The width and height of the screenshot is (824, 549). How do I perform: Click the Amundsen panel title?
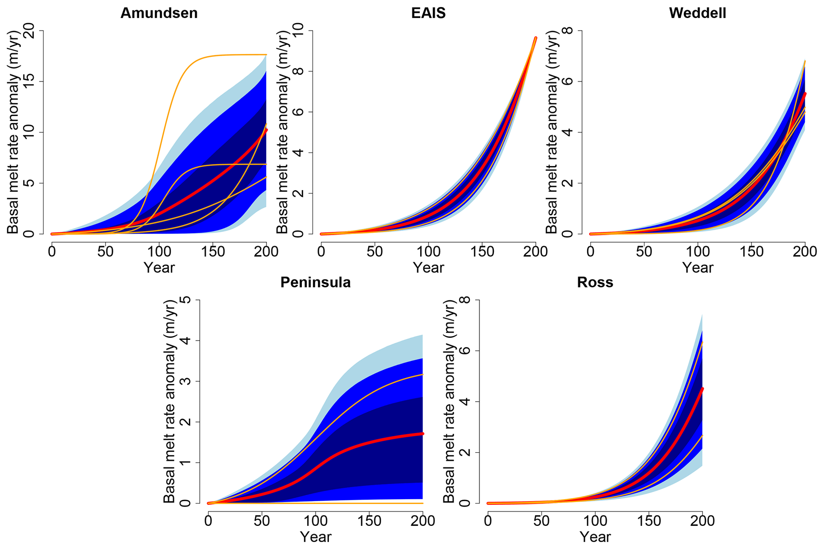(x=159, y=13)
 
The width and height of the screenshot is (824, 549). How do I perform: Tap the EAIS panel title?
(x=428, y=13)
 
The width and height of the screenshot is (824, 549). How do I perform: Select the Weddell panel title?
(x=697, y=13)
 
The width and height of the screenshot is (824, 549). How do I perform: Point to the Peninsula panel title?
(x=315, y=282)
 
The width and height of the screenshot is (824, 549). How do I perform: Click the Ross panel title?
(x=595, y=282)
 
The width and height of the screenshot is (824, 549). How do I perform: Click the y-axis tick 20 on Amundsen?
(x=29, y=31)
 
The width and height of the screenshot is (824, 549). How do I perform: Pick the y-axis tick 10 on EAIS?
(x=298, y=31)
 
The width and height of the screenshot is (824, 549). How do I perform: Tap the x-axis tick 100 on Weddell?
(x=698, y=252)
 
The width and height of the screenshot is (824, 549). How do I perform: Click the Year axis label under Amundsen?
(x=159, y=267)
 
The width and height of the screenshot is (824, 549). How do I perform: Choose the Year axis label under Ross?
(x=595, y=537)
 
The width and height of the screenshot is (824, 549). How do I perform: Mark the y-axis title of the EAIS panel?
(x=282, y=132)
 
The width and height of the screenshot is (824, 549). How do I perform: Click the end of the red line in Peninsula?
(x=422, y=433)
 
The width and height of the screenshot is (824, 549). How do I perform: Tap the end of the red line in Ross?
(x=702, y=388)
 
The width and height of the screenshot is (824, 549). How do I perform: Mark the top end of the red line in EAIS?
(x=535, y=38)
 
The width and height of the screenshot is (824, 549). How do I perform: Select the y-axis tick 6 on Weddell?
(x=568, y=81)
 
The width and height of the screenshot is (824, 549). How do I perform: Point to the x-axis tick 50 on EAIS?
(x=375, y=252)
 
